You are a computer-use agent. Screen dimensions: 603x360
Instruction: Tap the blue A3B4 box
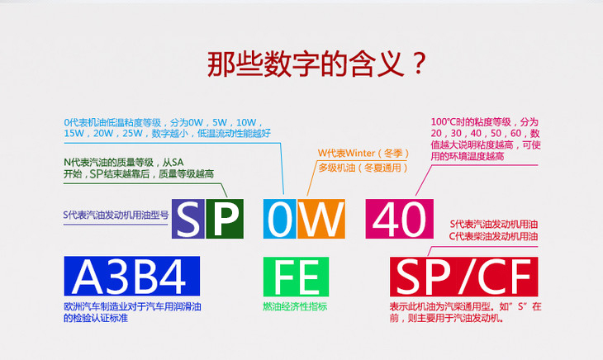131,277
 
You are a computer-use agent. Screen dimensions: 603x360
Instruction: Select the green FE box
294,277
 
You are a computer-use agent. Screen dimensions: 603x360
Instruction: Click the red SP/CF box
464,277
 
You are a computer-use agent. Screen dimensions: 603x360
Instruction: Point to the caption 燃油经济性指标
295,306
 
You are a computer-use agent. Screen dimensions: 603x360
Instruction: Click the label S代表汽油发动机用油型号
116,214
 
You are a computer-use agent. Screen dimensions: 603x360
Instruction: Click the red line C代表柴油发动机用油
493,237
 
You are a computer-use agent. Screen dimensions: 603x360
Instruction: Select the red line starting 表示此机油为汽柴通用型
465,306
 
